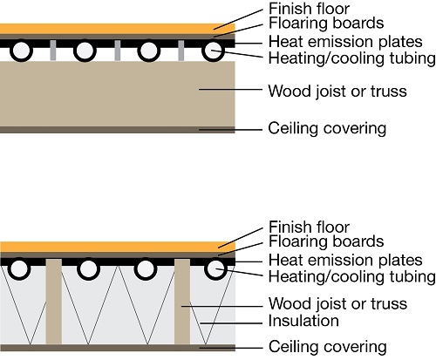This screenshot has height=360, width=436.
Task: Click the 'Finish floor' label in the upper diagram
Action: [x=309, y=9]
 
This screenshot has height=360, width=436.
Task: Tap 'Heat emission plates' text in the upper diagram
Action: [x=345, y=42]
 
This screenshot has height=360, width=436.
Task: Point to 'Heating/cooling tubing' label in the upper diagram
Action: [x=351, y=58]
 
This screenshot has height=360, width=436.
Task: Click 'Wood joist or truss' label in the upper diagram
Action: [x=337, y=89]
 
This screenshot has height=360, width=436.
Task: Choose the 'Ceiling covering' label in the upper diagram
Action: [x=327, y=129]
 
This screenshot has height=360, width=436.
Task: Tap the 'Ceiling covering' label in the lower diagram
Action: [x=327, y=346]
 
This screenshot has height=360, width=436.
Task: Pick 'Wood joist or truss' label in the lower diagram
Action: [x=337, y=303]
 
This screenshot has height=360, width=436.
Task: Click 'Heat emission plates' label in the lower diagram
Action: [x=345, y=259]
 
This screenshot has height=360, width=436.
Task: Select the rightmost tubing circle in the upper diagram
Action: [x=214, y=51]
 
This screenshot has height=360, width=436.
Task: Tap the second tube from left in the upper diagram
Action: [x=85, y=51]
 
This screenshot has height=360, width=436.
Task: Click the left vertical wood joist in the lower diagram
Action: [x=53, y=301]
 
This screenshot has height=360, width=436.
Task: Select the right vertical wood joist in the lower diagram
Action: [x=182, y=301]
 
